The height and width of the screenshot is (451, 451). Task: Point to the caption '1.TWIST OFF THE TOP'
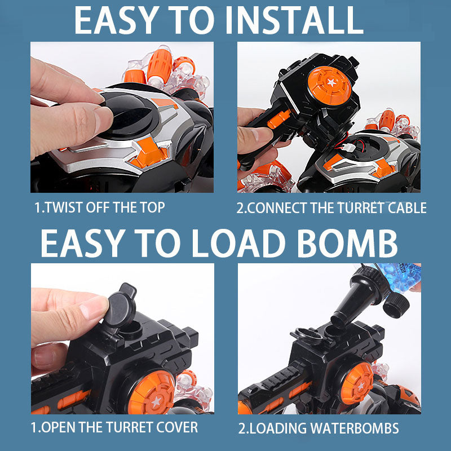[100, 207]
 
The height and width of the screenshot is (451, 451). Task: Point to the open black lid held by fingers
[120, 304]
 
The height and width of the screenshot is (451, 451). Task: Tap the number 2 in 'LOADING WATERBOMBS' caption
[241, 428]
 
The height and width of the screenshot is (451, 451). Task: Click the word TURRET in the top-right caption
[361, 207]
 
